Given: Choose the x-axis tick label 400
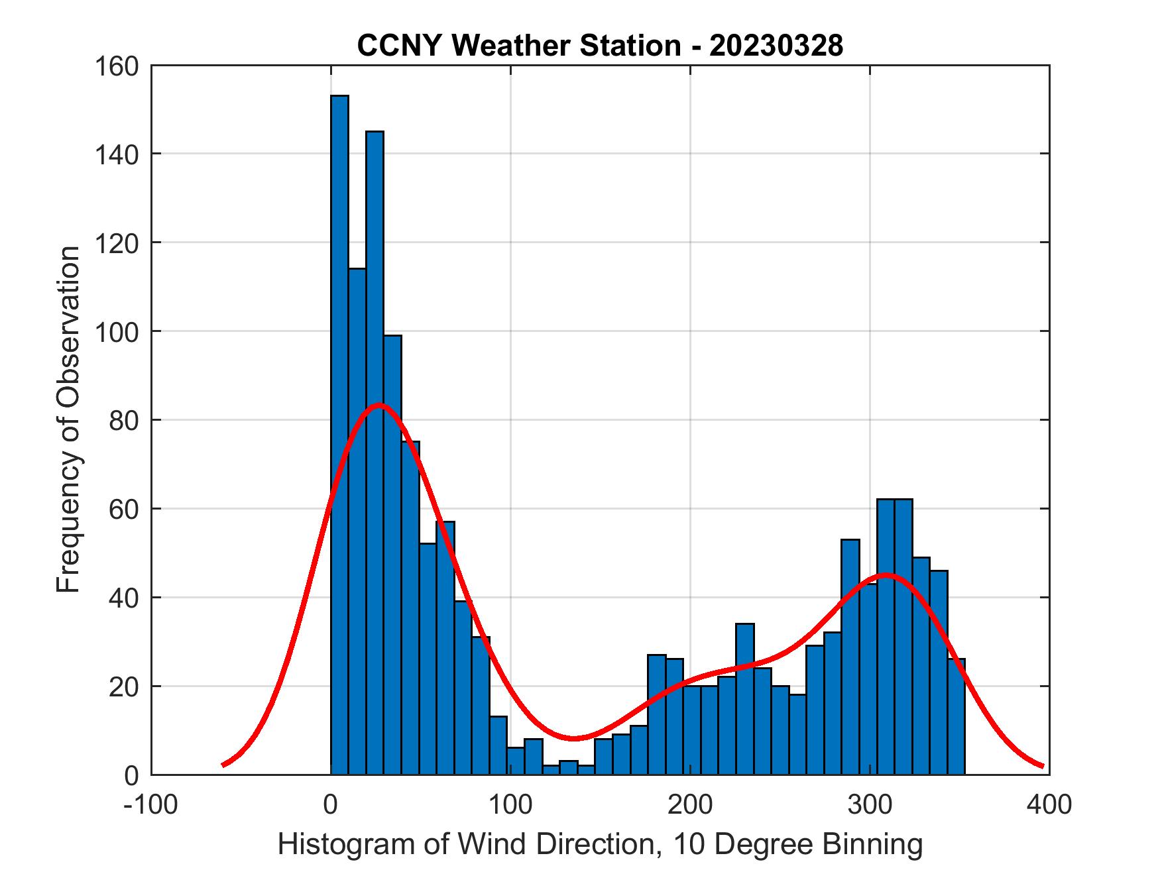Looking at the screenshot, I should pyautogui.click(x=1049, y=804).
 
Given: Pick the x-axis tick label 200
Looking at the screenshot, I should pyautogui.click(x=690, y=804).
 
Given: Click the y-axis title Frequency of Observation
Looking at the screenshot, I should pyautogui.click(x=68, y=421).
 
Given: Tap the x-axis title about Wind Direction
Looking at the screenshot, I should pyautogui.click(x=600, y=844).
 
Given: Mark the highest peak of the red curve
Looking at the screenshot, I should pyautogui.click(x=378, y=405).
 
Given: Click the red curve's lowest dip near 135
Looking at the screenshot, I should pyautogui.click(x=573, y=738).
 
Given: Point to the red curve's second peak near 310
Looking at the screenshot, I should pyautogui.click(x=886, y=574).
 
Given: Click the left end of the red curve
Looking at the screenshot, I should pyautogui.click(x=223, y=765).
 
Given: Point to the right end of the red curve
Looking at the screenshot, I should pyautogui.click(x=1043, y=767).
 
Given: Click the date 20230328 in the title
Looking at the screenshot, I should pyautogui.click(x=776, y=46).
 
